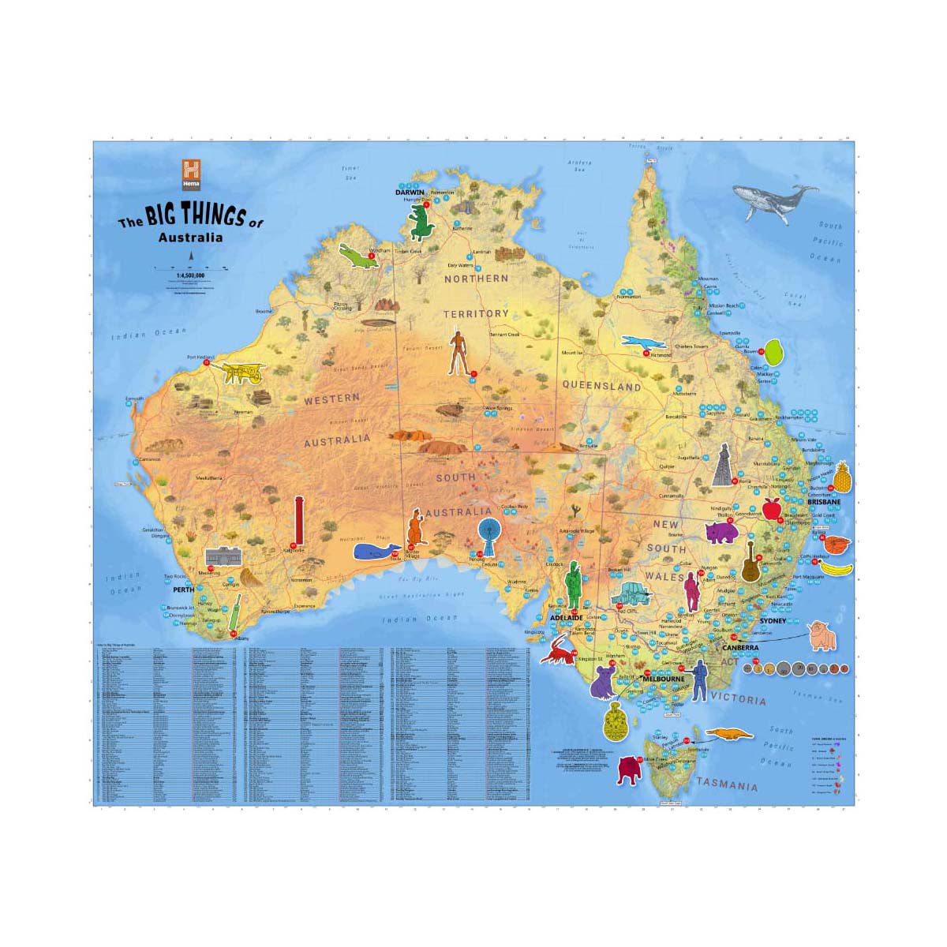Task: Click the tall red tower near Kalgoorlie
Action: pyautogui.click(x=298, y=522)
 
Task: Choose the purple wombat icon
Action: pyautogui.click(x=721, y=533)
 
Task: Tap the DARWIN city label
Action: pyautogui.click(x=410, y=192)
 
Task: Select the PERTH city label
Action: pyautogui.click(x=183, y=589)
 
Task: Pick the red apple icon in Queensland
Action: pyautogui.click(x=771, y=509)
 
